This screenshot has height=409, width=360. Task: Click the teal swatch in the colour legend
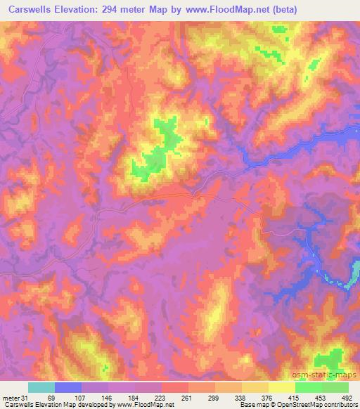pos(41,387)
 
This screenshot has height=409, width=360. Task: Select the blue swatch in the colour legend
pos(68,387)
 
